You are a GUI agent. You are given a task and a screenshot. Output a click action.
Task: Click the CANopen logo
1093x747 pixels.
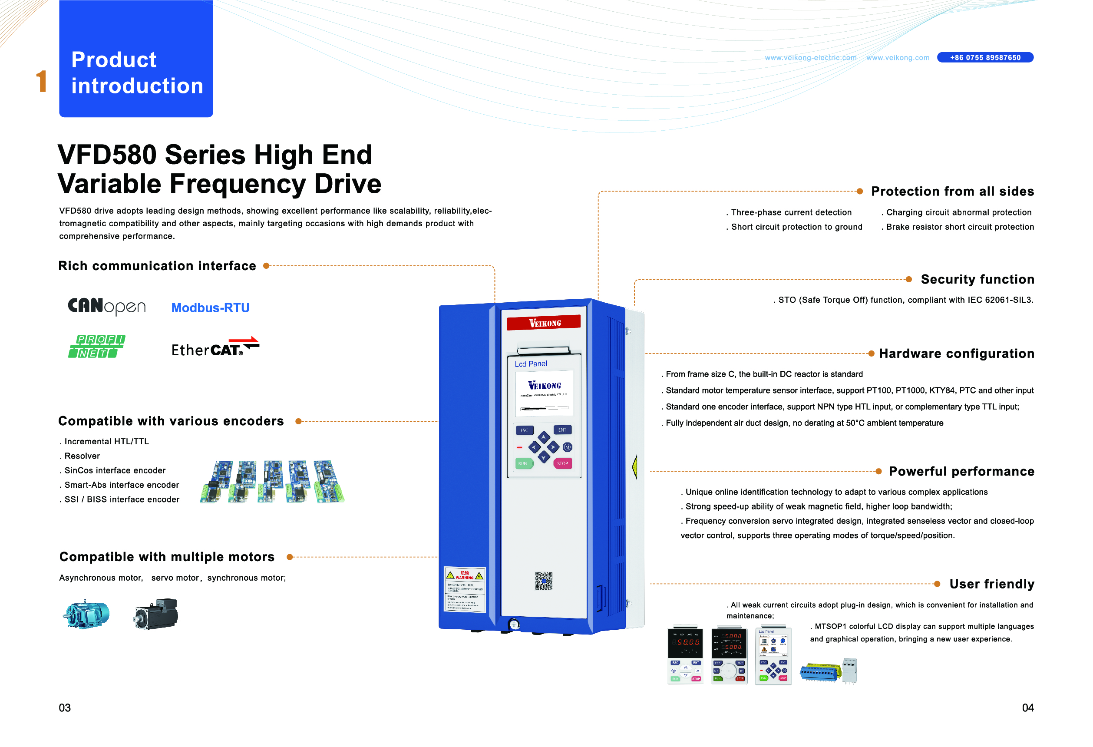pyautogui.click(x=107, y=306)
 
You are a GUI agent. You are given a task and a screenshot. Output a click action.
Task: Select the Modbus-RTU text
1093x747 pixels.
pyautogui.click(x=210, y=307)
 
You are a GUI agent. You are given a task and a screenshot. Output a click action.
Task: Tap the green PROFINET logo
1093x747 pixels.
pyautogui.click(x=96, y=346)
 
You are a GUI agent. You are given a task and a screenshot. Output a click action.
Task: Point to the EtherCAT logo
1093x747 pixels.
pyautogui.click(x=215, y=347)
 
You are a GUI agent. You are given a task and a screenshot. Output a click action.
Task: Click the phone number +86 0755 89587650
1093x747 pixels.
pyautogui.click(x=985, y=57)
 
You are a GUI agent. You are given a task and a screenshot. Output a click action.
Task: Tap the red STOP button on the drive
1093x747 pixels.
pyautogui.click(x=562, y=463)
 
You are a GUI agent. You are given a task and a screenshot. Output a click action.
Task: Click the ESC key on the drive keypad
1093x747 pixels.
pyautogui.click(x=524, y=430)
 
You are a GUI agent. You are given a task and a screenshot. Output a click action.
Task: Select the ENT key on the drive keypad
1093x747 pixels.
pyautogui.click(x=562, y=430)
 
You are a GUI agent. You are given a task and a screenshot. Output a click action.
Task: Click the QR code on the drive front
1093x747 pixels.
pyautogui.click(x=543, y=581)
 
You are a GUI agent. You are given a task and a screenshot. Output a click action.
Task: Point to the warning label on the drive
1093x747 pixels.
pyautogui.click(x=464, y=589)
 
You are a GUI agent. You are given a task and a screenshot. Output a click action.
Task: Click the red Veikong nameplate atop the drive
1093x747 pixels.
pyautogui.click(x=543, y=323)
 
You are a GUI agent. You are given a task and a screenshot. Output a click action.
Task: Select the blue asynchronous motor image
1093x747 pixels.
pyautogui.click(x=86, y=614)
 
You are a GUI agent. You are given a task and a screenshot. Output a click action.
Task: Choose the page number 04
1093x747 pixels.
pyautogui.click(x=1027, y=707)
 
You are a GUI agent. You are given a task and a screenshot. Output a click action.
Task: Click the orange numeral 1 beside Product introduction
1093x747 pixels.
pyautogui.click(x=41, y=81)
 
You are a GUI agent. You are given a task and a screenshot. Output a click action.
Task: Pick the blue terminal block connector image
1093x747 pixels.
pyautogui.click(x=820, y=672)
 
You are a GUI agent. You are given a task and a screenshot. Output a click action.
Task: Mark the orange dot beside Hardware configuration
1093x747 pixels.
pyautogui.click(x=871, y=353)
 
